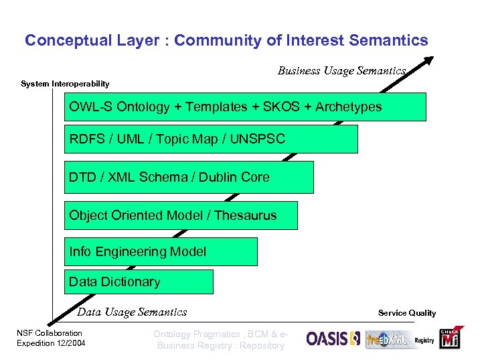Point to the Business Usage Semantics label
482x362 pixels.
pyautogui.click(x=341, y=70)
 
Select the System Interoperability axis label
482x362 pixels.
pyautogui.click(x=65, y=84)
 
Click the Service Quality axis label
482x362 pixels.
pyautogui.click(x=406, y=312)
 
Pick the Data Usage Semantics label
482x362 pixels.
pyautogui.click(x=132, y=312)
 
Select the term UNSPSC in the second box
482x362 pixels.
pyautogui.click(x=257, y=139)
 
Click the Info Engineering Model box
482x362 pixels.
pyautogui.click(x=161, y=252)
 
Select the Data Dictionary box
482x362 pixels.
pyautogui.click(x=139, y=282)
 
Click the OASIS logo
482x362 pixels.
pyautogui.click(x=333, y=339)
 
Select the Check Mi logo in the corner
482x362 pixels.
pyautogui.click(x=449, y=339)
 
